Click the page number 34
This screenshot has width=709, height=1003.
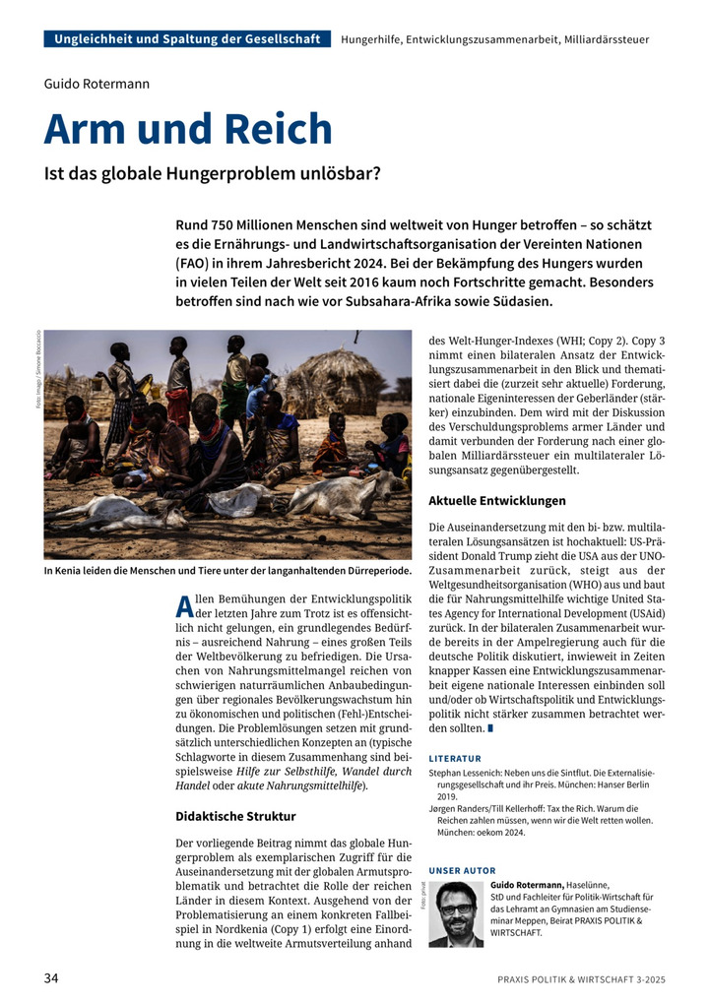coord(52,976)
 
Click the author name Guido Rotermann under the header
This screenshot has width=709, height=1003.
coord(97,84)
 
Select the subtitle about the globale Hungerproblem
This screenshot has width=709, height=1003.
coord(212,175)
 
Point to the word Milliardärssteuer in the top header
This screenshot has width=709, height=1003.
coord(607,39)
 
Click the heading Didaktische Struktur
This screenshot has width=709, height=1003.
coord(235,816)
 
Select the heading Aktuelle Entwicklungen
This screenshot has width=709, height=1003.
coord(497,500)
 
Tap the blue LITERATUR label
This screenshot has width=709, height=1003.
coord(455,759)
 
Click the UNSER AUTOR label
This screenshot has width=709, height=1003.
coord(463,871)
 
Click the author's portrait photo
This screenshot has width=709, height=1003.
coord(456,913)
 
